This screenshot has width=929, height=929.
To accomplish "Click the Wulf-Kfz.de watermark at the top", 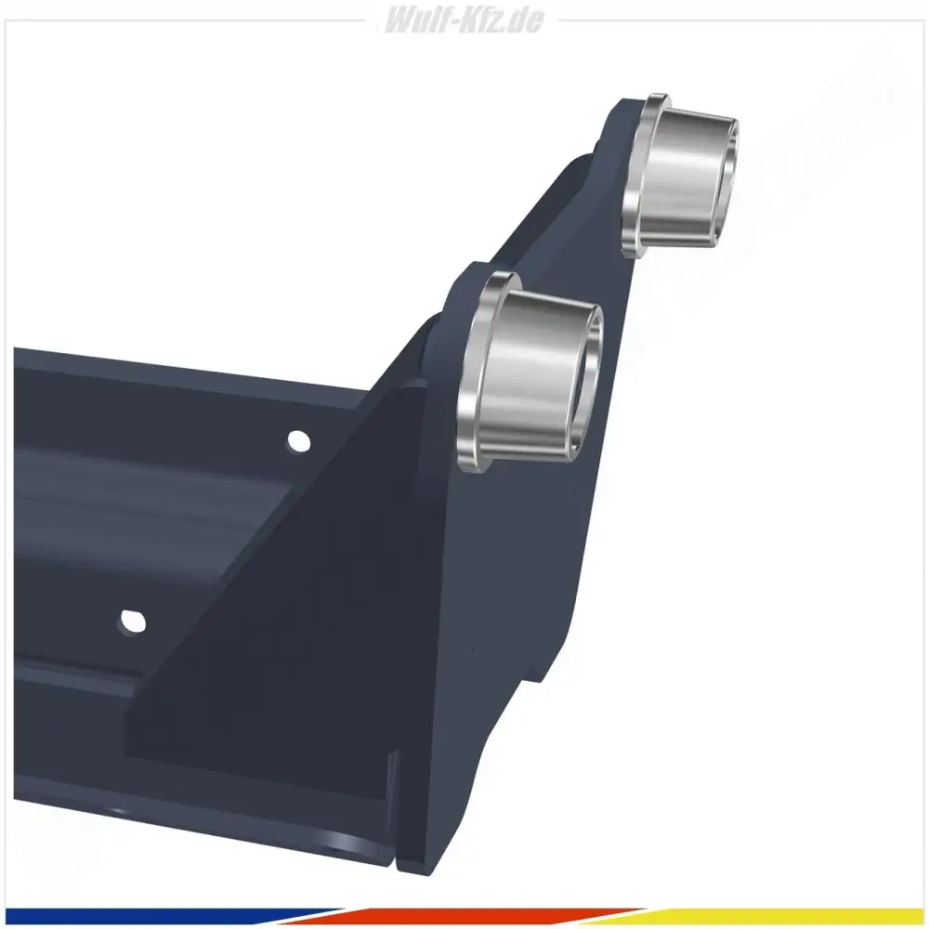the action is [x=464, y=20].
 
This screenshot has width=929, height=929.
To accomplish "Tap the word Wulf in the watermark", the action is [x=412, y=20].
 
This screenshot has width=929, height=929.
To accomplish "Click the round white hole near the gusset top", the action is [x=298, y=440].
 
